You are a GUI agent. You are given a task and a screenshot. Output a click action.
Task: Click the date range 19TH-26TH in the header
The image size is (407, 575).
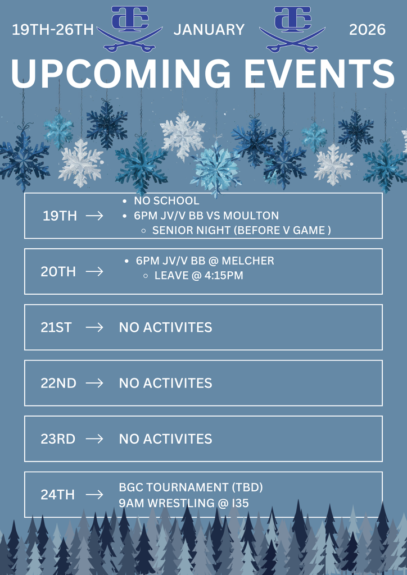click(x=53, y=30)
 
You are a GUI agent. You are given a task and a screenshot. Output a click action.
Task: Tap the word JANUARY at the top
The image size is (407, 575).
click(x=209, y=30)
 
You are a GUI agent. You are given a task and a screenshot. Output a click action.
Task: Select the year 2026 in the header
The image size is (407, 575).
click(x=368, y=30)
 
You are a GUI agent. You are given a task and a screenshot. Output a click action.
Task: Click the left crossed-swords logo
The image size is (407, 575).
click(x=129, y=28)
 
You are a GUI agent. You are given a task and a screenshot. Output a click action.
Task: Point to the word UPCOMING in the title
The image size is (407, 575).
click(x=120, y=74)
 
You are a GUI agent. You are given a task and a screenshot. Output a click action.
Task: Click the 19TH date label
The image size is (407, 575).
click(x=60, y=216)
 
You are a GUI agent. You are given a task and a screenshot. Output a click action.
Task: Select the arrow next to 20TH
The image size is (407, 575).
click(x=94, y=272)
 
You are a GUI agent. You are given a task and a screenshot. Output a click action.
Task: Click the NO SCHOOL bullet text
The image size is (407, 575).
click(x=166, y=201)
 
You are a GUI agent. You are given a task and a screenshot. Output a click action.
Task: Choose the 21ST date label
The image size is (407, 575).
click(x=56, y=327)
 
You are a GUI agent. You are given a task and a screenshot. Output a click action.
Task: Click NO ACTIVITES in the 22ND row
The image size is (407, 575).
click(x=165, y=383)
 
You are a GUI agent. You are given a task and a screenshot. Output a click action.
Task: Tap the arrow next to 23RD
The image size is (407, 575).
click(x=94, y=439)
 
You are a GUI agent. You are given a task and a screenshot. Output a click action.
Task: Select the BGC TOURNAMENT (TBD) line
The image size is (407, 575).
click(x=191, y=487)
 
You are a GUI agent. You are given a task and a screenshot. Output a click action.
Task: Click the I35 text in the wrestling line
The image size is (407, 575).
click(x=239, y=503)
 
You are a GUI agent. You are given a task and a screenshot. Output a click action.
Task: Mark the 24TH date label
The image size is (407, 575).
click(x=57, y=495)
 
